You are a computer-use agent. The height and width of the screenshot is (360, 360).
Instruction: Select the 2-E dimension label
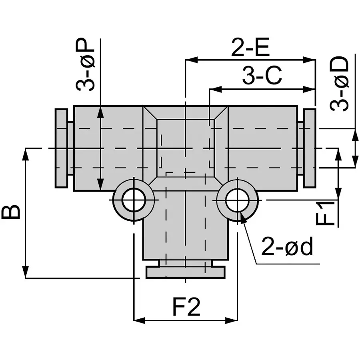tap(250, 48)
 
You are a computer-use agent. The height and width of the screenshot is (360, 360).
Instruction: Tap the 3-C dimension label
tap(262, 76)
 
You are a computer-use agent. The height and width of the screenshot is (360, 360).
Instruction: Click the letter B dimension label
tap(12, 212)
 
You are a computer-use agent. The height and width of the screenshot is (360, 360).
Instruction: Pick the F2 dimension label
tap(186, 307)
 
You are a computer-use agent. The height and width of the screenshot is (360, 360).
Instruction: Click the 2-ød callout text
tap(286, 248)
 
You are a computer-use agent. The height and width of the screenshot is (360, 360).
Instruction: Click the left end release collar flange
tap(61, 148)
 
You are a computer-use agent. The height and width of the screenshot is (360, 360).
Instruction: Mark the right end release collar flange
tap(310, 148)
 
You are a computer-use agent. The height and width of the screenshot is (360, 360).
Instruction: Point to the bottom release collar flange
tap(186, 273)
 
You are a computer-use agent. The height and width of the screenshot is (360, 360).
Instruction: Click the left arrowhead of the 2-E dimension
tap(190, 60)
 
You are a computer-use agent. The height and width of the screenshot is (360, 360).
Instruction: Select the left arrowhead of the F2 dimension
tap(138, 320)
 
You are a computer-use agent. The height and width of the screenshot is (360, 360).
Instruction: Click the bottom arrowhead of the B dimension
tap(26, 272)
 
